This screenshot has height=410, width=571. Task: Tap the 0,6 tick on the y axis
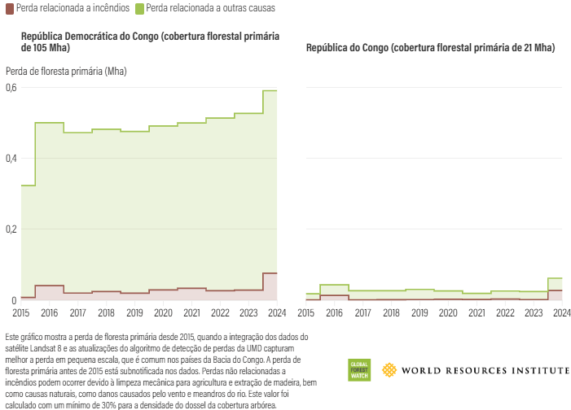click(x=11, y=87)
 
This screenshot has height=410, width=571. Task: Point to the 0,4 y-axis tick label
click(x=11, y=158)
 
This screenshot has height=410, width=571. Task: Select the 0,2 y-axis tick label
click(x=11, y=229)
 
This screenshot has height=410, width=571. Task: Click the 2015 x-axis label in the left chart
click(x=21, y=313)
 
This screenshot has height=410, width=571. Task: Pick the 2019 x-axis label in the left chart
click(x=135, y=313)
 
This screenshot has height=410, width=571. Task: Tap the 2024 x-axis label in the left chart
click(x=277, y=313)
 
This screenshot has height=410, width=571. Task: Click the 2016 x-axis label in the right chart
click(x=335, y=313)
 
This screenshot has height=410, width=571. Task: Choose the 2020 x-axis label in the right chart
click(x=448, y=313)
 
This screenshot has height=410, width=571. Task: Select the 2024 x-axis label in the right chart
click(x=561, y=313)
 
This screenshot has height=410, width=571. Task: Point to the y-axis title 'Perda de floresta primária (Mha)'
click(x=66, y=71)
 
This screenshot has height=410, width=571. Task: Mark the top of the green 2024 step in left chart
click(x=270, y=90)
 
